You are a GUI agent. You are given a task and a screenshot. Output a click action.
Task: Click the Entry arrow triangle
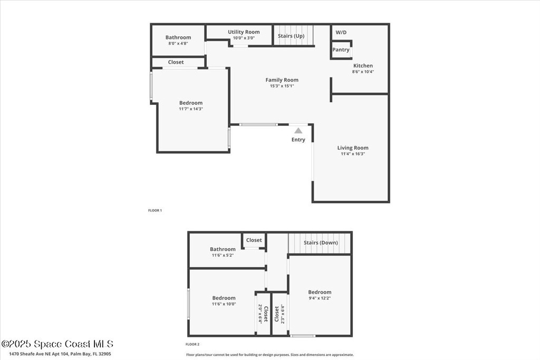298,130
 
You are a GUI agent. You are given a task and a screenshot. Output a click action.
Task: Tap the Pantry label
341,50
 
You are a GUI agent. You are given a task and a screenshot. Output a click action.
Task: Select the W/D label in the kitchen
341,32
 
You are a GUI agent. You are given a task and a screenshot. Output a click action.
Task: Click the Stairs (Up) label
291,36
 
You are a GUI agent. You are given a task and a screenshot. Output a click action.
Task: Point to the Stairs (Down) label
321,242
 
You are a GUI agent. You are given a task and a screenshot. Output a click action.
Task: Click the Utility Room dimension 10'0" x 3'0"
244,38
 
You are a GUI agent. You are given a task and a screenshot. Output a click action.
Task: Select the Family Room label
282,80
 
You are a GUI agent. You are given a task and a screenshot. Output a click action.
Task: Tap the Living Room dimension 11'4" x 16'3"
353,154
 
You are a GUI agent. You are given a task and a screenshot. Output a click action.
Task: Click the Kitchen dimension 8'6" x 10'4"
363,72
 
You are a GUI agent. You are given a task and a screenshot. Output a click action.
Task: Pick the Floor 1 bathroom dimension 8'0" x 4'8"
178,43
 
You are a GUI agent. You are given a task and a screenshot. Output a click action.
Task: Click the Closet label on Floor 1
176,62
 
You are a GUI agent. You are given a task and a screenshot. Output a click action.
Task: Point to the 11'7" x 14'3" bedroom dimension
191,109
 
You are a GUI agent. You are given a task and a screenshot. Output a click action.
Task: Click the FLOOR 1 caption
155,210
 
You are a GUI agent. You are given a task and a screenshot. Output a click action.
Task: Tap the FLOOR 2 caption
192,344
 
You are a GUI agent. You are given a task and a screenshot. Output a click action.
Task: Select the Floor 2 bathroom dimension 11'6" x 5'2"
223,255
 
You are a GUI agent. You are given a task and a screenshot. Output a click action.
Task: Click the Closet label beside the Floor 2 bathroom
254,240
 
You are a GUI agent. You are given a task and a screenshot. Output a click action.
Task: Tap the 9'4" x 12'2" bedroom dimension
320,298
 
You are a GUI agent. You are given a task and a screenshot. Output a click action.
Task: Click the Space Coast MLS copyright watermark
57,344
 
